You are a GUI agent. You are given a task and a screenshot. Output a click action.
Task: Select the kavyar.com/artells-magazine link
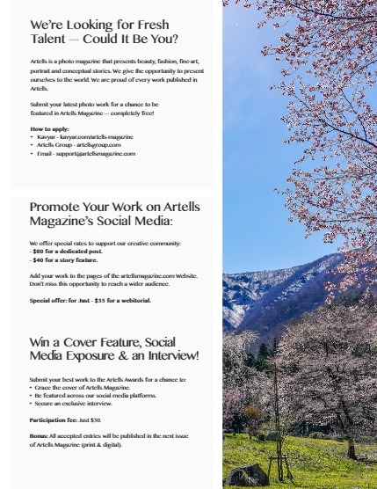pos(96,137)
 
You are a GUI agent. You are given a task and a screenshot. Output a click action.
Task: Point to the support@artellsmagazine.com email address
pos(96,153)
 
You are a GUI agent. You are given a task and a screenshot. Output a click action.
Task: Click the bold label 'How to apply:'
pos(49,129)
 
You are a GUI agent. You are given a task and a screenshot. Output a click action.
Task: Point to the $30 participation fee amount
pos(106,420)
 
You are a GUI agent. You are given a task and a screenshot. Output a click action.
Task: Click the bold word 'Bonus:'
pos(40,436)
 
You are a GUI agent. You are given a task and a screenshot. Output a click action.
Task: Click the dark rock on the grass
pos(248,474)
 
